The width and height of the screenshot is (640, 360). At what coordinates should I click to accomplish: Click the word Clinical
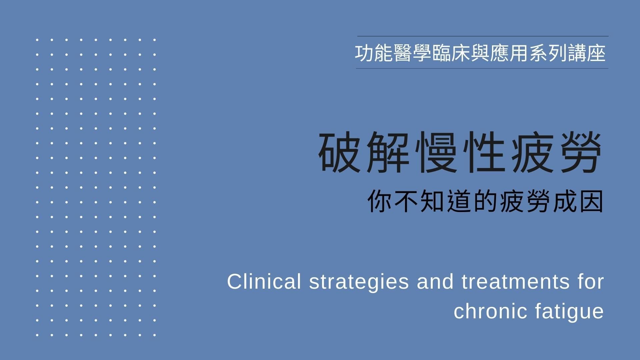tap(264, 281)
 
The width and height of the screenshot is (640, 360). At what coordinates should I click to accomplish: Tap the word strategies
tap(359, 282)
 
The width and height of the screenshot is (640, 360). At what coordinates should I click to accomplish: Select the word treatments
tap(515, 281)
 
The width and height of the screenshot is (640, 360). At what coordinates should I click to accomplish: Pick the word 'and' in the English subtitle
tap(435, 281)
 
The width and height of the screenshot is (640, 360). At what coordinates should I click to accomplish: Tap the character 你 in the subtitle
tap(379, 202)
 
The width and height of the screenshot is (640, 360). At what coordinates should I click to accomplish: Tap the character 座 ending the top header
tap(596, 53)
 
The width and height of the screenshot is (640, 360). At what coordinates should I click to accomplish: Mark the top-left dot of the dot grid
tap(37, 40)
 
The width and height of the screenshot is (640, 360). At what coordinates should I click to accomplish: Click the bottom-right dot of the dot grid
tap(155, 335)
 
